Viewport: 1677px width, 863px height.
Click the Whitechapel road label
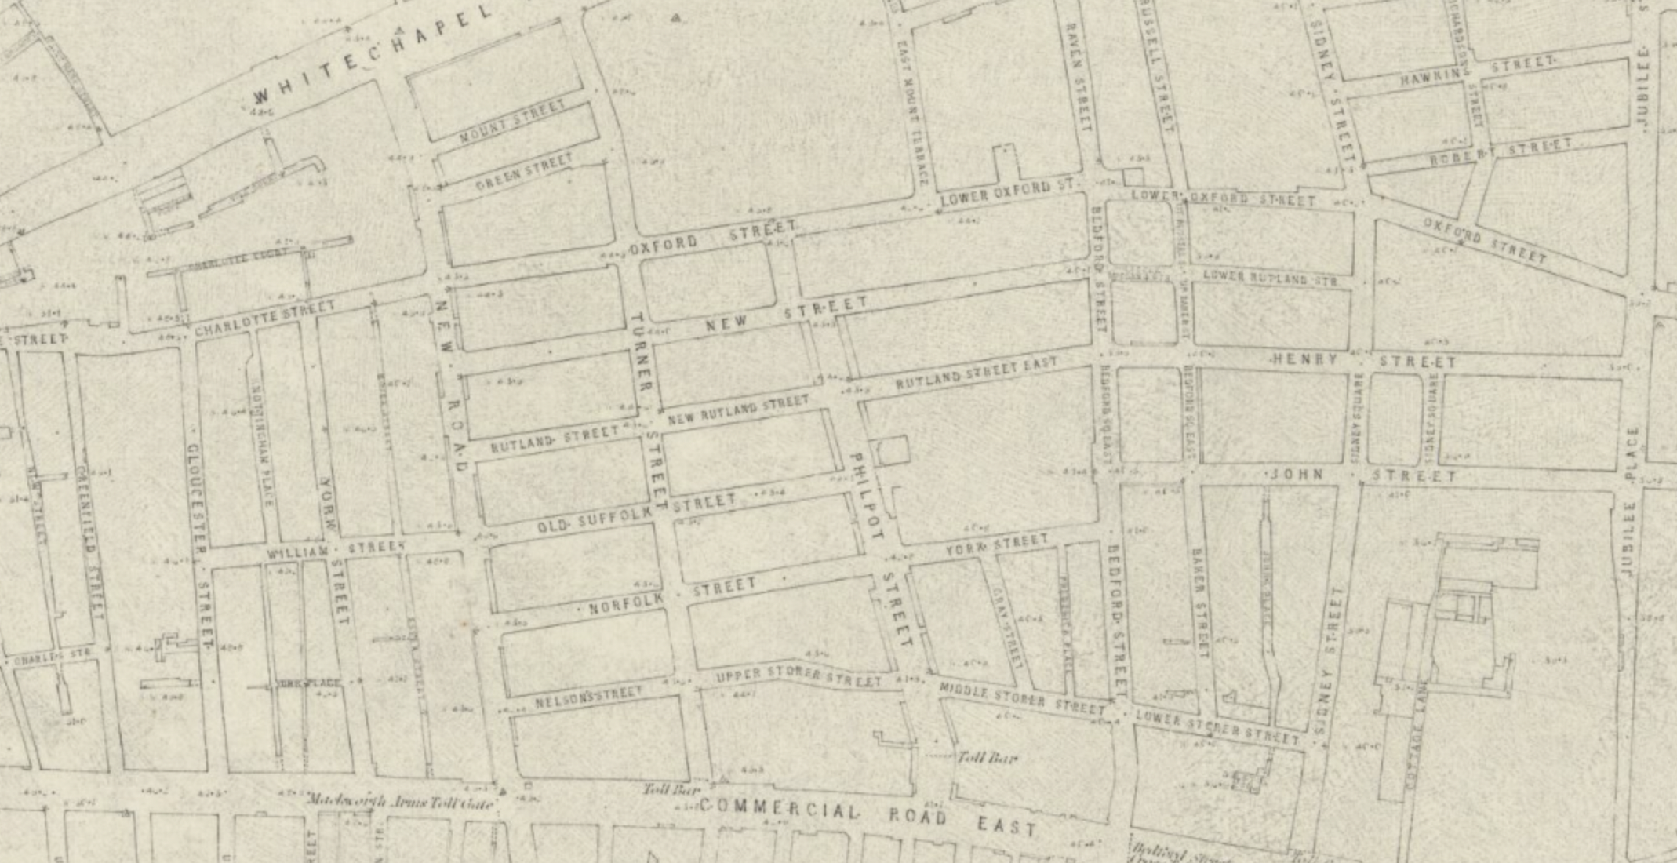(x=373, y=53)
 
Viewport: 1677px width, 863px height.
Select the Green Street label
(x=524, y=173)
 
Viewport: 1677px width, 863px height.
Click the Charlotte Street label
(x=264, y=319)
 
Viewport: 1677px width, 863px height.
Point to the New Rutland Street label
(x=737, y=410)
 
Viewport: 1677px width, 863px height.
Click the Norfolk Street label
(x=672, y=595)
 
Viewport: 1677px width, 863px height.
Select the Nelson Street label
(x=588, y=697)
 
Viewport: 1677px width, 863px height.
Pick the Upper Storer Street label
(x=798, y=678)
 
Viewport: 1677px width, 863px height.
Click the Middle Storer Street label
(x=1021, y=697)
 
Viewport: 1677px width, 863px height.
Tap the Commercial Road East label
(x=867, y=816)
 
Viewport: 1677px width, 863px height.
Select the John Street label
(x=1363, y=475)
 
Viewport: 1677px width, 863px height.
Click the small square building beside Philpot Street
(x=892, y=451)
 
